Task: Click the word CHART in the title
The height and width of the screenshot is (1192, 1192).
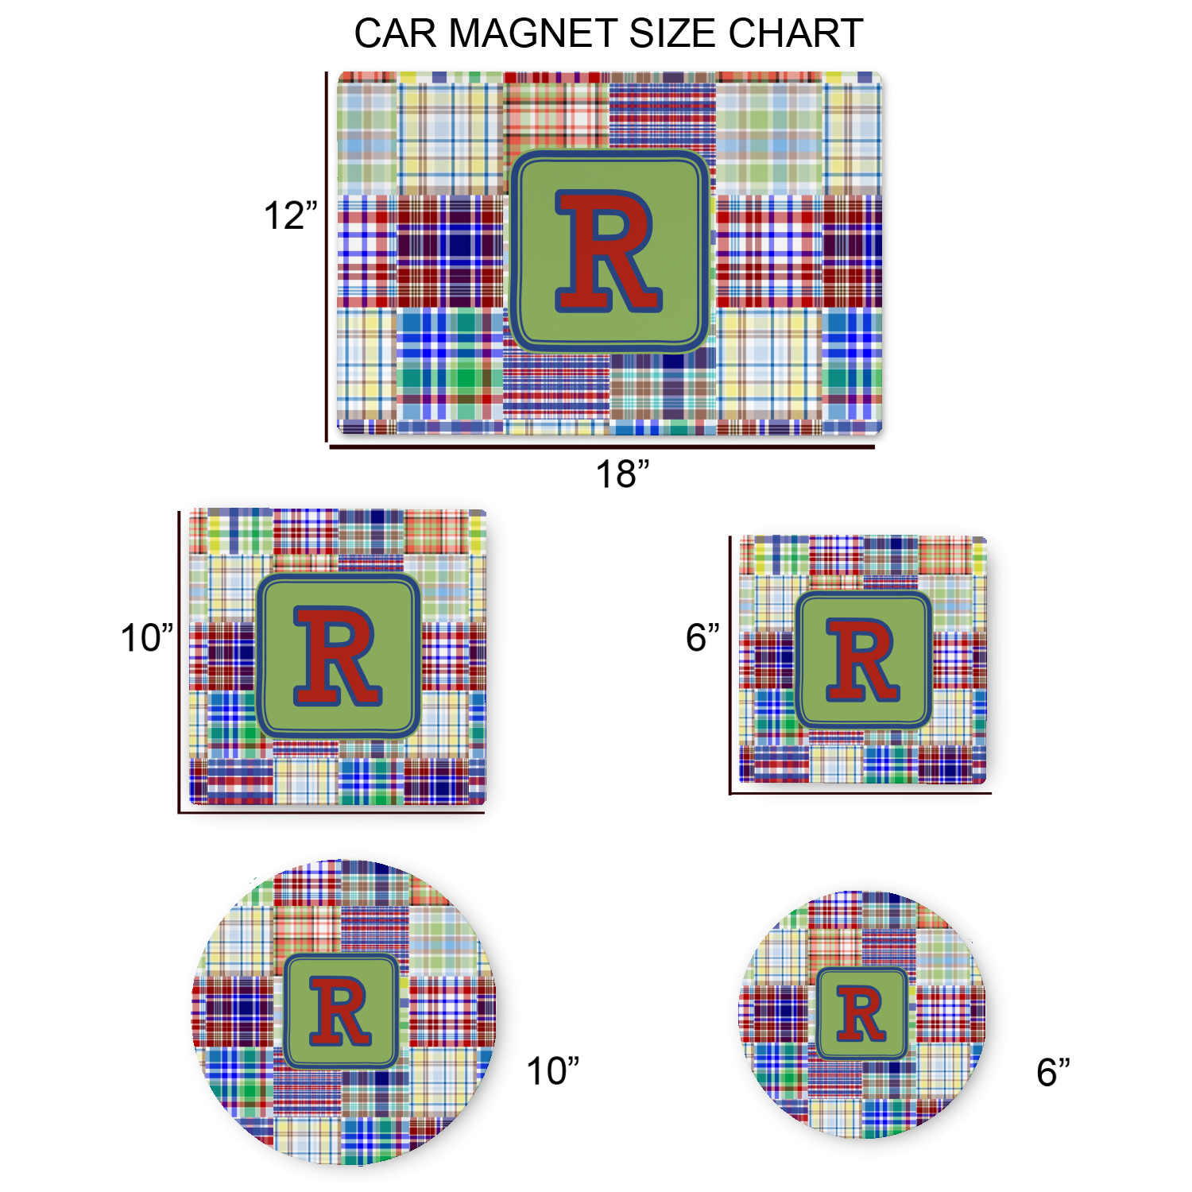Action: coord(795,33)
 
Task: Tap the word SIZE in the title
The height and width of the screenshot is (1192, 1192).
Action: coord(672,33)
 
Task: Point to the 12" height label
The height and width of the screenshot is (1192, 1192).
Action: coord(290,215)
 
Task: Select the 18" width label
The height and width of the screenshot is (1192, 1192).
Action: coord(622,474)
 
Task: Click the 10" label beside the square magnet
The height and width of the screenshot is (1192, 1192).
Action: coord(147,638)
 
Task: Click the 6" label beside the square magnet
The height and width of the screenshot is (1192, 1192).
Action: coord(702,637)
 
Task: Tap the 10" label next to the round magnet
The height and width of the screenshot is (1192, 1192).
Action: coord(553,1071)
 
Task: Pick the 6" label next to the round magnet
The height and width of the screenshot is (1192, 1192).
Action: coord(1053,1072)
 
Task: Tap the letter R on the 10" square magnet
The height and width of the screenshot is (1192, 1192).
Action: coord(338,656)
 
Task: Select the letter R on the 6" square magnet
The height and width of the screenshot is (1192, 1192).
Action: coord(863,660)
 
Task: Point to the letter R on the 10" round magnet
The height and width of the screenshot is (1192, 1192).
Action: coord(341,1011)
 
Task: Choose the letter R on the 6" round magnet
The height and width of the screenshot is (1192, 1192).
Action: coord(861,1013)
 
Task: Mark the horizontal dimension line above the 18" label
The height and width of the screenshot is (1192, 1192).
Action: coord(602,447)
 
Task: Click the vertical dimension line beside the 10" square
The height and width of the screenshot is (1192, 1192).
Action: coord(180,662)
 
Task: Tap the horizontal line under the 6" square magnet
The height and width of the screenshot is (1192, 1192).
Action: coord(861,793)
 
